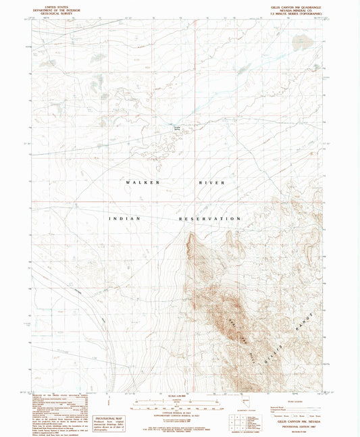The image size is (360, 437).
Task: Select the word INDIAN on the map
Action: pos(124,219)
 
